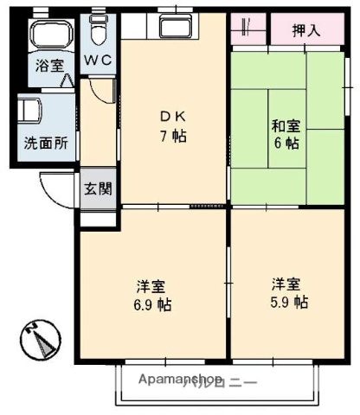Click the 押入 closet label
(x=305, y=30)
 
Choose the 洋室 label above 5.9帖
(x=286, y=284)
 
